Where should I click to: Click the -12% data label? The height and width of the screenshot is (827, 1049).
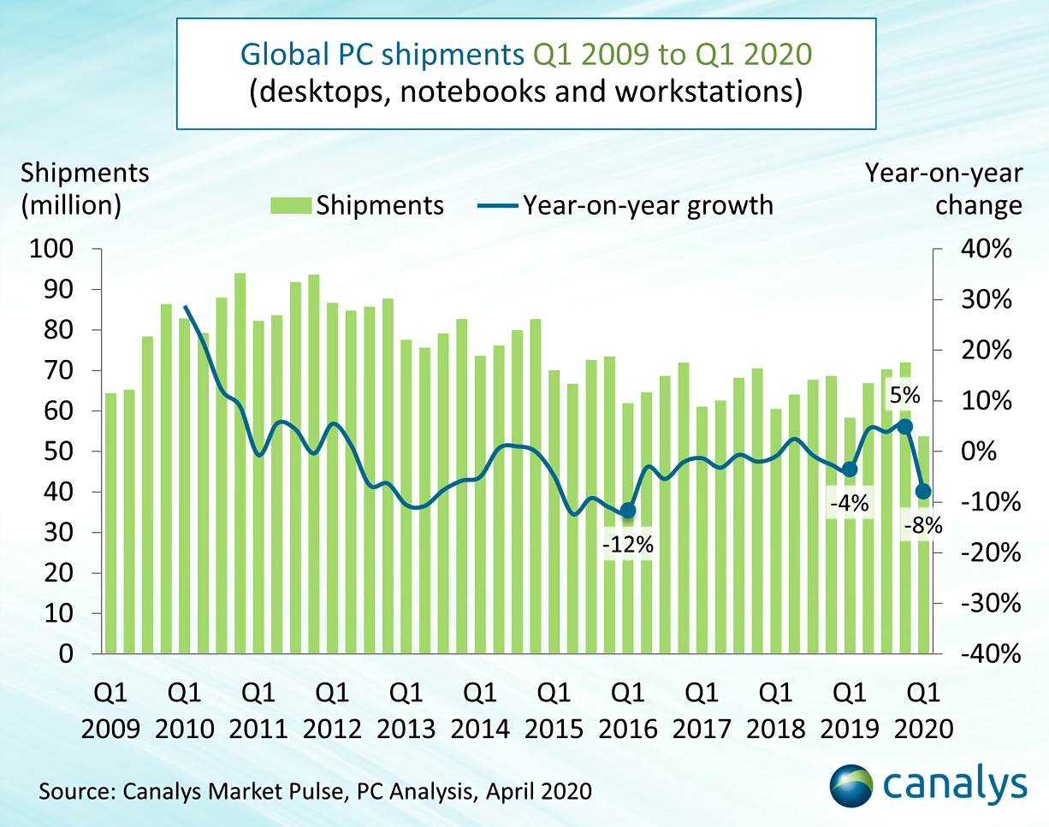(x=628, y=544)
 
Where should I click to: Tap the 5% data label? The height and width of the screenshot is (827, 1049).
(x=904, y=396)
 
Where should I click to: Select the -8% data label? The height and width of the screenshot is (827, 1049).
(x=922, y=526)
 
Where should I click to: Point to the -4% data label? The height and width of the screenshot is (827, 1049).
(x=849, y=505)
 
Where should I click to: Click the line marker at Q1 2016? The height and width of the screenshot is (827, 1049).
(x=628, y=511)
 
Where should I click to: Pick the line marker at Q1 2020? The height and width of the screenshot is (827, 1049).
(x=922, y=491)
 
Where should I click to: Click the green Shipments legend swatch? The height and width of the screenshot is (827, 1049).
(x=289, y=205)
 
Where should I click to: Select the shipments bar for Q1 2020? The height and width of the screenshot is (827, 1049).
(x=923, y=547)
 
